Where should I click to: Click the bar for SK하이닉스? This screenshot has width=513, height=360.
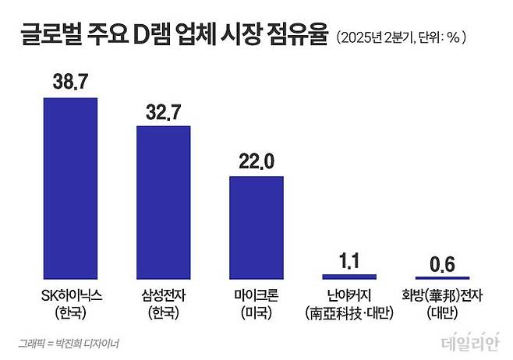(70, 188)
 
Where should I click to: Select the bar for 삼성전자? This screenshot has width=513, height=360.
(164, 202)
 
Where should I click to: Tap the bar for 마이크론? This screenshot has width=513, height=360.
(256, 227)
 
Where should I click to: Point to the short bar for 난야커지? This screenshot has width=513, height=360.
(349, 276)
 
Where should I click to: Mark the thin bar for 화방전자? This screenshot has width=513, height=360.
(442, 277)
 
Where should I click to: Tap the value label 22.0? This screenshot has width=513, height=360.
(256, 161)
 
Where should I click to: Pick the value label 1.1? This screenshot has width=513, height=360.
(349, 259)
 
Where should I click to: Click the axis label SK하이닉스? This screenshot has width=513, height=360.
(70, 296)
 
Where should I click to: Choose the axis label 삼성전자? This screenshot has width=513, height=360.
(164, 296)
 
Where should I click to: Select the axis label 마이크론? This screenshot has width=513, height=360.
(256, 296)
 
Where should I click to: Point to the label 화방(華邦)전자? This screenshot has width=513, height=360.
(442, 296)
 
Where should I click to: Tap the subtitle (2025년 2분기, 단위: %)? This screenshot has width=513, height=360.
(405, 37)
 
